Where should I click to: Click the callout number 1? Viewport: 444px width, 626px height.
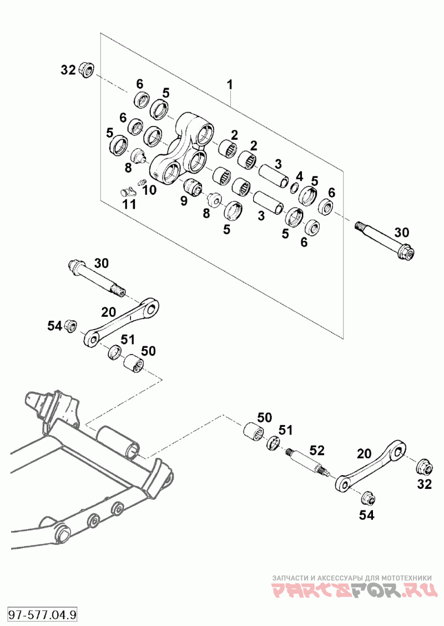230,85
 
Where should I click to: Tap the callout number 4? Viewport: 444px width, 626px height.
299,176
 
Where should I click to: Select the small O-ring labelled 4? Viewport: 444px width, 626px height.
294,188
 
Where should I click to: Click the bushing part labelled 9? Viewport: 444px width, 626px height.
194,187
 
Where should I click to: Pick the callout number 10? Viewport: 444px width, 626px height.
149,190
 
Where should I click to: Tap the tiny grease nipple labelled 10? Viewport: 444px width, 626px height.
141,183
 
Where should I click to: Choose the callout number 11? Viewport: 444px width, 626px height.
129,204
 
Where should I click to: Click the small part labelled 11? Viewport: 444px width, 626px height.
128,191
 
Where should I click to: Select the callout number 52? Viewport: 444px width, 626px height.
317,450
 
